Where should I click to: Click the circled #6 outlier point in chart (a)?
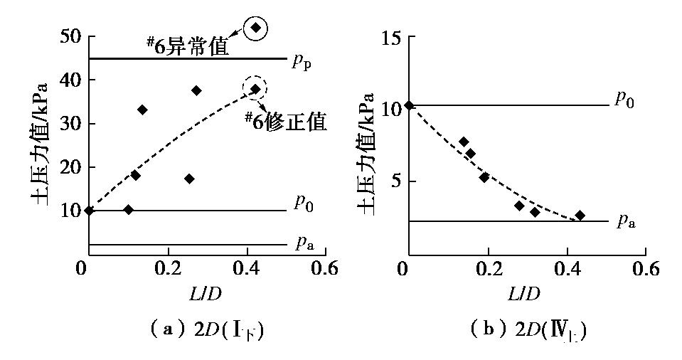click(x=256, y=28)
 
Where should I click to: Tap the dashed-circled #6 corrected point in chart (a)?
click(x=255, y=89)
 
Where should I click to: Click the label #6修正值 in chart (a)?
click(x=285, y=121)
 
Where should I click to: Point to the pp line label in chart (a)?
click(x=302, y=61)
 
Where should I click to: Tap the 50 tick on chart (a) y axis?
click(x=68, y=36)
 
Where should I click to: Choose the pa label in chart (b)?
click(x=625, y=222)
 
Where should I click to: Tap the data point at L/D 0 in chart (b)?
click(x=408, y=105)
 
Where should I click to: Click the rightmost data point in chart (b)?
click(x=580, y=215)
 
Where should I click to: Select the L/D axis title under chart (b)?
click(x=526, y=293)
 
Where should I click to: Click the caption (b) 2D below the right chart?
click(x=530, y=329)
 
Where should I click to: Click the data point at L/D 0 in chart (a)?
click(x=88, y=210)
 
